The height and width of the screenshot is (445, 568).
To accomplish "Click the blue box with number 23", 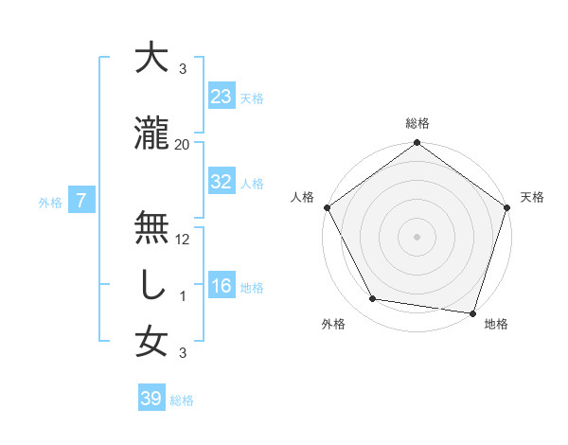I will (x=222, y=97).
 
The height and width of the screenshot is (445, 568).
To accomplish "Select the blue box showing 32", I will (x=222, y=182).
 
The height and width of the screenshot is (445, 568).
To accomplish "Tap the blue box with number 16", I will (x=222, y=286).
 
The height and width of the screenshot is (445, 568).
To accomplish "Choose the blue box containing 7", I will (x=82, y=200).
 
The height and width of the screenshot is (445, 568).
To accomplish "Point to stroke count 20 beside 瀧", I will (x=183, y=144).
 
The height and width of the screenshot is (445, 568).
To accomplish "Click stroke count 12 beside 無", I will (x=183, y=239).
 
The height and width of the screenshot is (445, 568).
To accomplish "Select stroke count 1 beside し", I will (x=183, y=295).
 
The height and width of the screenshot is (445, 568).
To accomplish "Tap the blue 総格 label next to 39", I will (x=182, y=400).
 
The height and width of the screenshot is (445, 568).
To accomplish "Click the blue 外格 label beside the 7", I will (x=50, y=202).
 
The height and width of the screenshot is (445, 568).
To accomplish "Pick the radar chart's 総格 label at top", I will (x=417, y=124).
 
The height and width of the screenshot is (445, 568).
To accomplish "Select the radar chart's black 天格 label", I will (x=533, y=197).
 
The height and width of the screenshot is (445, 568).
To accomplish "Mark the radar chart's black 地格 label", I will (x=496, y=324).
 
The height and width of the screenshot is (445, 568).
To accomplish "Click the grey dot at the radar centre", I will (x=417, y=236).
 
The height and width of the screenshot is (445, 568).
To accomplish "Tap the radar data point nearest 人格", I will (x=327, y=207).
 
